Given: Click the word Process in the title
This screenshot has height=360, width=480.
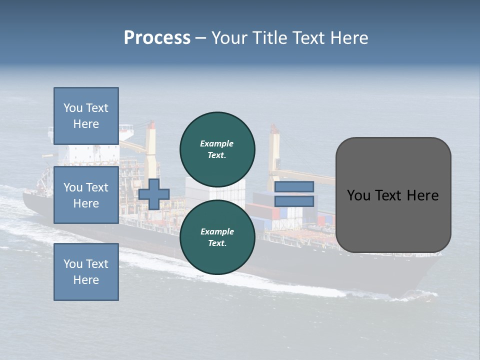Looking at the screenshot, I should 157,38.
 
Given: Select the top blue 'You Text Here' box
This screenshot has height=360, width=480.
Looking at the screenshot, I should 86,116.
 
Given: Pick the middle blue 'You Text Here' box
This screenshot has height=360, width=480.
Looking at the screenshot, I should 86,195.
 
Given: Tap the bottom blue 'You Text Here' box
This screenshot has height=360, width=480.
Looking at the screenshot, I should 86,271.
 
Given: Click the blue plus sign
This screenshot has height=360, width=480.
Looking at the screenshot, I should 154,194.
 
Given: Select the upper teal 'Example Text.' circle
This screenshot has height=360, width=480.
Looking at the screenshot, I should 217,149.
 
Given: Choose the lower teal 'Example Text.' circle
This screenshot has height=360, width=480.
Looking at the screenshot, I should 217,237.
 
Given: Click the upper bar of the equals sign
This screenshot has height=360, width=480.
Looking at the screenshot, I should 294,186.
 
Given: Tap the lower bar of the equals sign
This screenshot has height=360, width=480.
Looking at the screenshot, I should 294,201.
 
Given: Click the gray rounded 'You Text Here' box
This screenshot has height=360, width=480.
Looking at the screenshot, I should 393,195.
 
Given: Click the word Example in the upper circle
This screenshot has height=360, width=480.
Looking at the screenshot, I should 216,143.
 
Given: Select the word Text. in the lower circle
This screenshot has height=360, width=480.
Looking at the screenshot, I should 217,243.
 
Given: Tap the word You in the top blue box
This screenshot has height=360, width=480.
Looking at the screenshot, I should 73,108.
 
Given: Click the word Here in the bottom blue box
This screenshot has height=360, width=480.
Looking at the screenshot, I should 86,280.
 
